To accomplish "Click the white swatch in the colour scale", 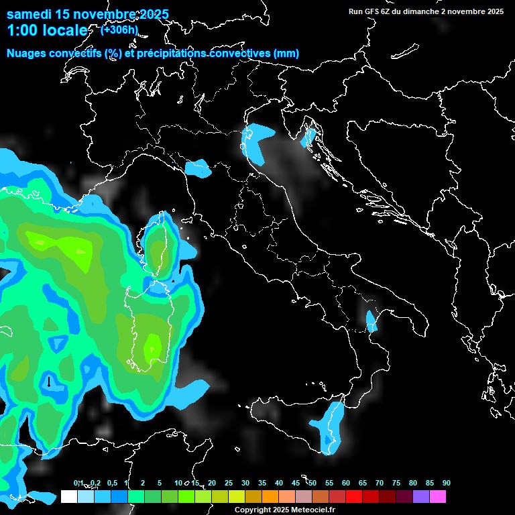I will click(68, 497).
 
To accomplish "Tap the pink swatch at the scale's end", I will click(438, 497).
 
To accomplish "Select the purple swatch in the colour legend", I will click(421, 497).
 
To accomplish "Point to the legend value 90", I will click(446, 483).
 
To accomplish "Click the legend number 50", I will click(312, 483).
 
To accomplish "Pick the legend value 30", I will click(245, 483).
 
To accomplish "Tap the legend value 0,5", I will click(111, 483).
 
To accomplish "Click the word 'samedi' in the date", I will click(30, 14).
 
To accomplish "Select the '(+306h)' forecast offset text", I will click(119, 30).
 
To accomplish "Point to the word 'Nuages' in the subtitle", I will click(27, 53).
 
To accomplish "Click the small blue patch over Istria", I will click(308, 137).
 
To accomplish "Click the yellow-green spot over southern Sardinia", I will click(154, 347).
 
